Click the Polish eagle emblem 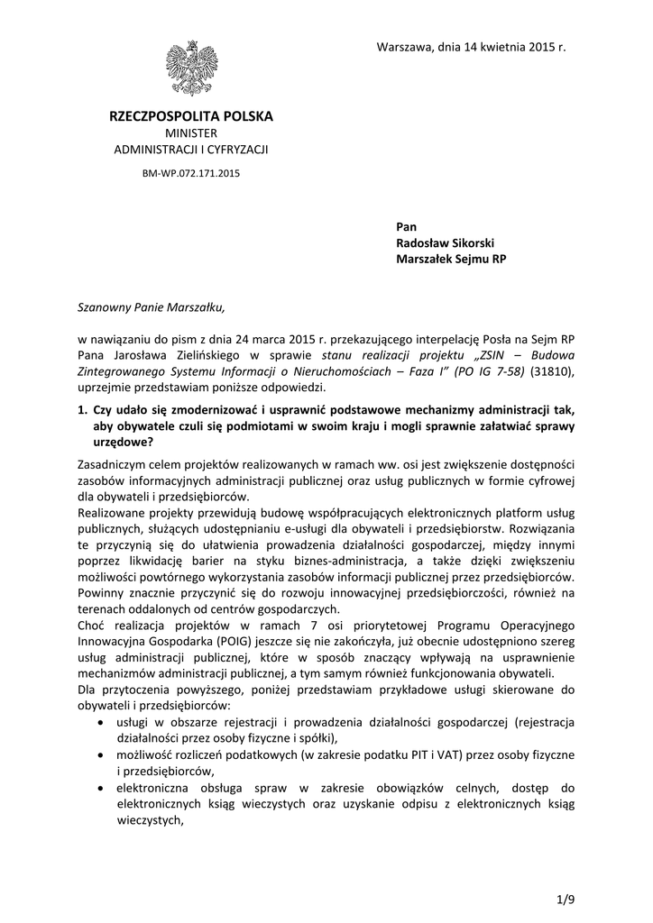pos(190,69)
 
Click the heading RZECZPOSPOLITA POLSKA pos(190,116)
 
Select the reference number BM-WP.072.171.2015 pos(190,169)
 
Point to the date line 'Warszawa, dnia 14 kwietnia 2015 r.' pos(470,46)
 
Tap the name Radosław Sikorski pos(446,242)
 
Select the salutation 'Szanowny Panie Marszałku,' pos(149,306)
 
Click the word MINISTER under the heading pos(190,133)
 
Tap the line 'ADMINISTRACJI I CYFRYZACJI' pos(190,149)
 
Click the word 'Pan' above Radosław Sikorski pos(406,225)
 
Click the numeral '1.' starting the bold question pos(82,409)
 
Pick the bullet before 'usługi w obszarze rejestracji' pos(99,723)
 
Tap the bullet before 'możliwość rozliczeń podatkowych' pos(99,754)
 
